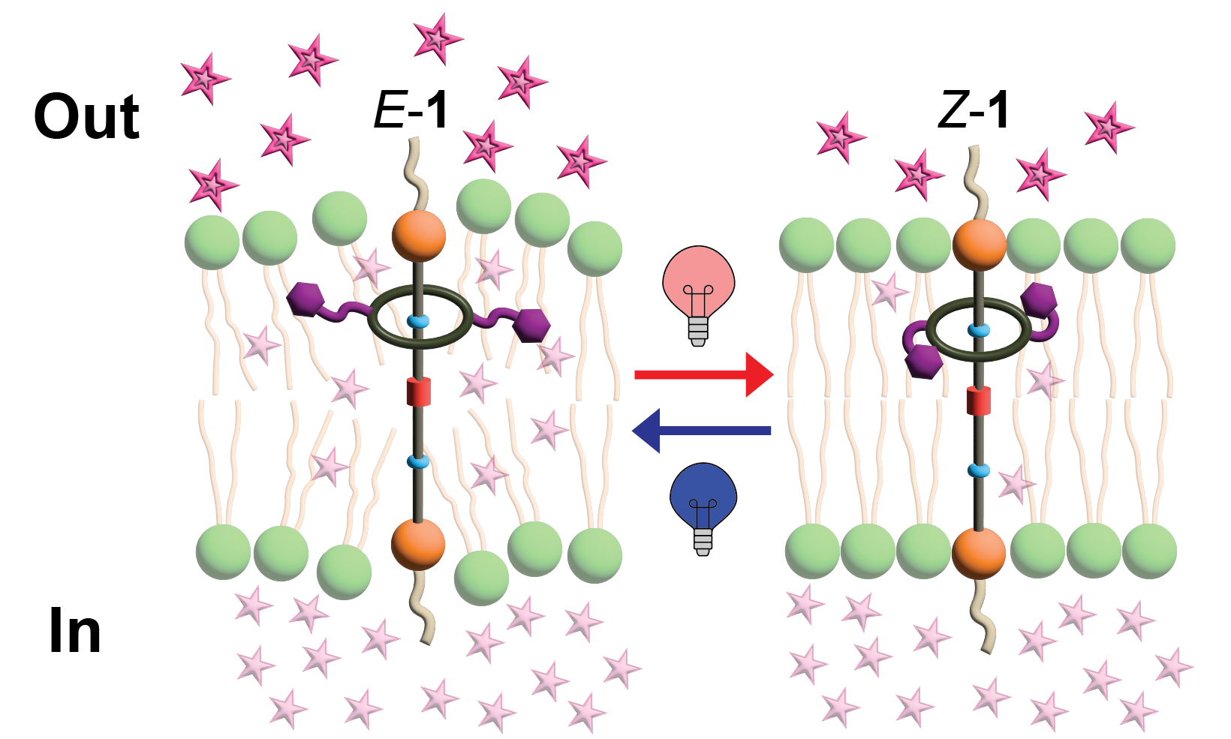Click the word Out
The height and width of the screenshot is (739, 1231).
coord(86,117)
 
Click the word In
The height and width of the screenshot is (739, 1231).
coord(74,632)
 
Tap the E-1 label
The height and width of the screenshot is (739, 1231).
coord(411,111)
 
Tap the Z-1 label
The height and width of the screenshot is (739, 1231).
coord(974,111)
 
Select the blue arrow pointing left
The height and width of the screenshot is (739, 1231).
coord(701,431)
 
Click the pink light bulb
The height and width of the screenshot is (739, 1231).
coord(698,289)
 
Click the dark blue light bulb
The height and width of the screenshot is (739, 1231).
coord(703,503)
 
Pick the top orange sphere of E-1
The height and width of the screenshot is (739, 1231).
coord(419,236)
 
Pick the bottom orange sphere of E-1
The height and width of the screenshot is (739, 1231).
coord(418,543)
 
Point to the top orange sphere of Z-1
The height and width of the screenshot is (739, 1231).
coord(979,245)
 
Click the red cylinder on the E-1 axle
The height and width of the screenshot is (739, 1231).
coord(419,392)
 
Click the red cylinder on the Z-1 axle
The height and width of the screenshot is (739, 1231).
coord(979,401)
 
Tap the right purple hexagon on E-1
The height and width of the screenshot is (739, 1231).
coord(531,326)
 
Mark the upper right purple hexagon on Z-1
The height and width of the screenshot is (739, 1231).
coord(1039,299)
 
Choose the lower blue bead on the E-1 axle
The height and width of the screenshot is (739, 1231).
coord(418,461)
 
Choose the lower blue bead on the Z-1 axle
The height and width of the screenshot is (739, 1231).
coord(978,470)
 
